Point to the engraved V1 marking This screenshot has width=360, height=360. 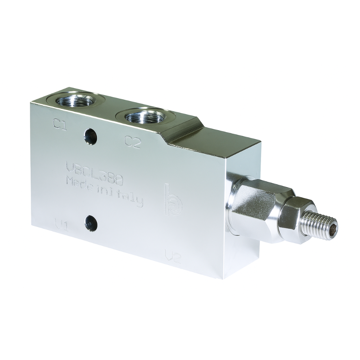[x=62, y=225]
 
